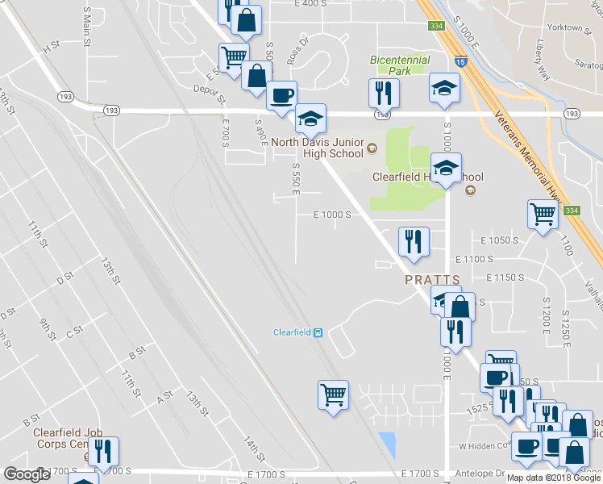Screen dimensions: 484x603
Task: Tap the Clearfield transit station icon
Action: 318,332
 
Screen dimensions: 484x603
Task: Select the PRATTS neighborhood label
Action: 432,280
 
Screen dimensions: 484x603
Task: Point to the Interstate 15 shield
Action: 460,60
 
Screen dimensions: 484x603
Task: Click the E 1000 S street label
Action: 332,215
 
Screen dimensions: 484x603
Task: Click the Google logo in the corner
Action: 27,474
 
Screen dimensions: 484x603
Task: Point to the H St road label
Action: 52,48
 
